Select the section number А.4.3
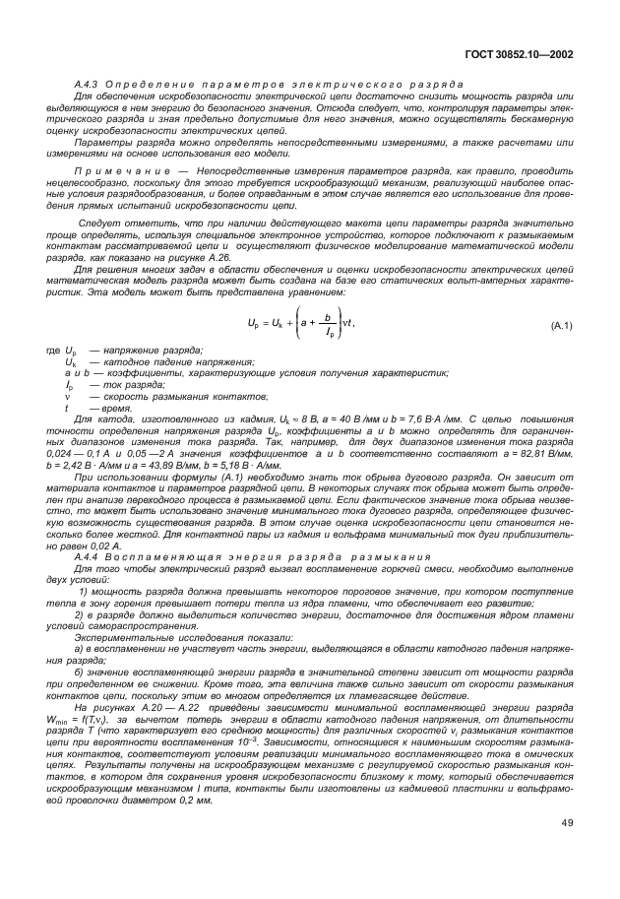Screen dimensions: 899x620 pos(89,86)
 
